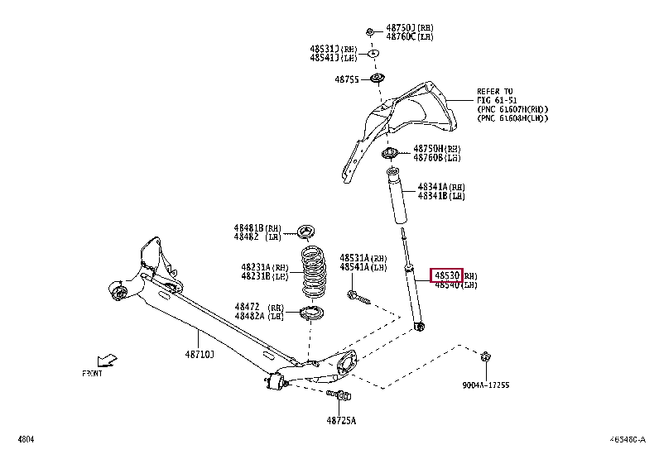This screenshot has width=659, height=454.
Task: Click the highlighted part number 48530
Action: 446,275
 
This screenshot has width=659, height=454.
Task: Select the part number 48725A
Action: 340,420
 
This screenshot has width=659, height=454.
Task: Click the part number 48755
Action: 346,79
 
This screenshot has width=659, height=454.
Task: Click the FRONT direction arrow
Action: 106,361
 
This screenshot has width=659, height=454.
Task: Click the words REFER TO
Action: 495,91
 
